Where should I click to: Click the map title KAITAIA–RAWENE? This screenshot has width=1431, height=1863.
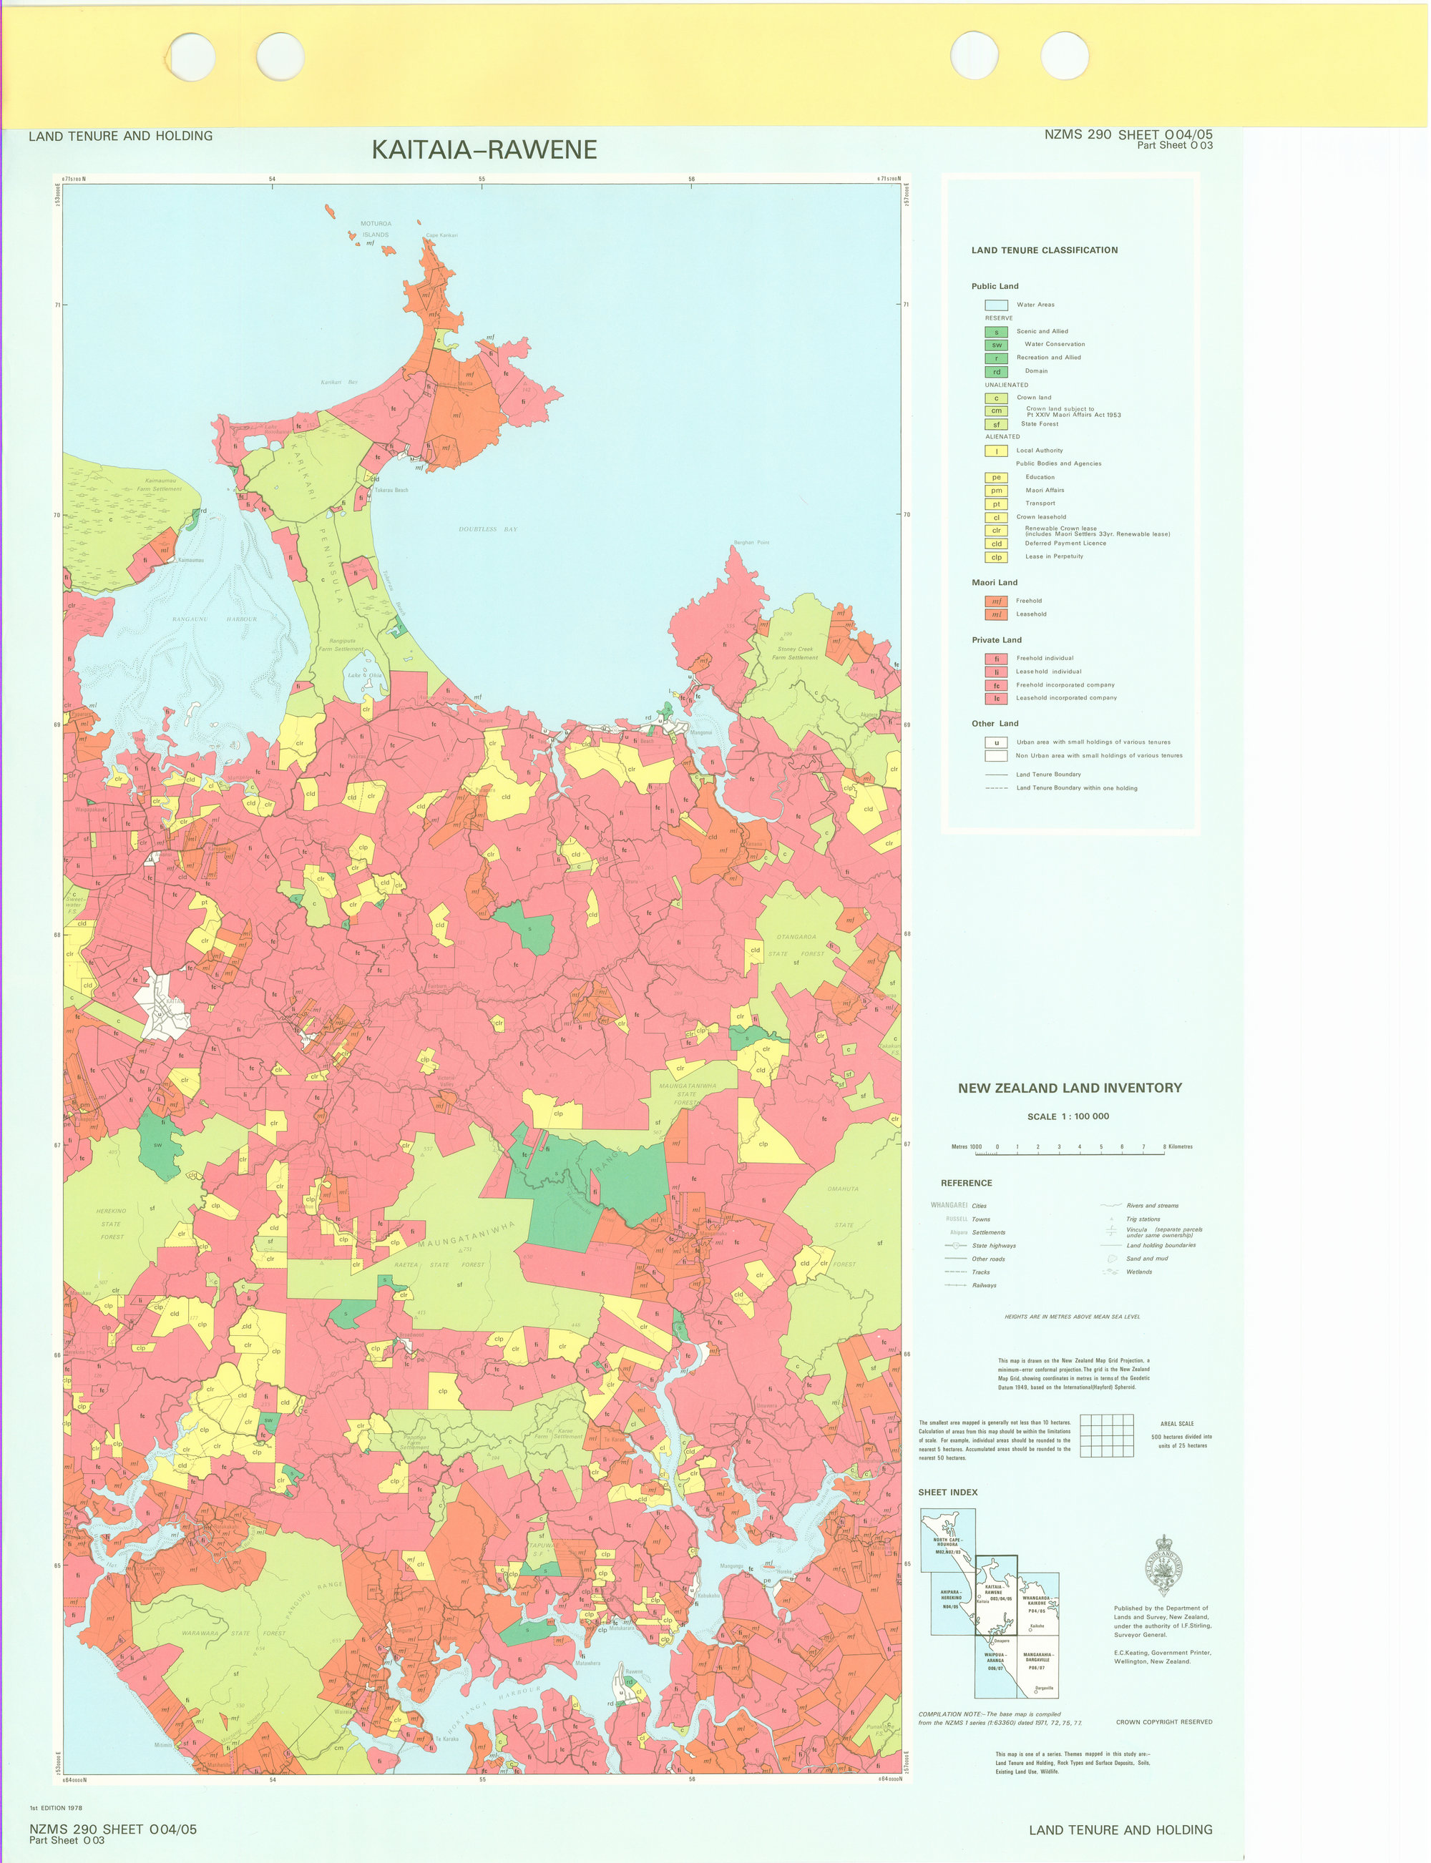(x=484, y=150)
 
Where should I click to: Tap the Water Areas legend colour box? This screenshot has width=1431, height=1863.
(x=996, y=305)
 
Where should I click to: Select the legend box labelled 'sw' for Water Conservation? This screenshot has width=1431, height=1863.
(x=996, y=345)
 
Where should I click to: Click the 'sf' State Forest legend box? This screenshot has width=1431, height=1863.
(x=996, y=424)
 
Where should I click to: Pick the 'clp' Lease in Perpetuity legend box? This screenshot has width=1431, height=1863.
(x=996, y=557)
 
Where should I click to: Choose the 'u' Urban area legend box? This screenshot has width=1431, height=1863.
(x=996, y=742)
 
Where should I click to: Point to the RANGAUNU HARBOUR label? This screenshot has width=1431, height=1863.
(x=214, y=619)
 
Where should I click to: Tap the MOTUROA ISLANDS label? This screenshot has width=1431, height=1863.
(x=375, y=229)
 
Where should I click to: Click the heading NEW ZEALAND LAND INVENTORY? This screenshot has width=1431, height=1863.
(x=1069, y=1088)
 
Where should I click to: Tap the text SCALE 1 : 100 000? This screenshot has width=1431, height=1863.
(x=1068, y=1116)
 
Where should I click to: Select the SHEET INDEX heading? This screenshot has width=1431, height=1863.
(x=947, y=1492)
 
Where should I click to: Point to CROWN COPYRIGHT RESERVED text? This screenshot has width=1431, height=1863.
(x=1163, y=1721)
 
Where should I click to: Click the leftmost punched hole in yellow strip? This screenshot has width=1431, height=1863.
(x=192, y=57)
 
